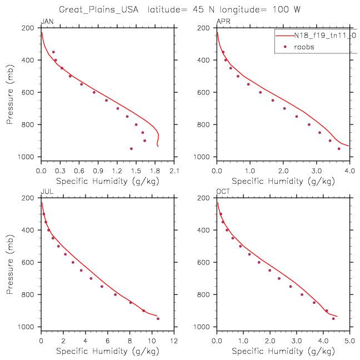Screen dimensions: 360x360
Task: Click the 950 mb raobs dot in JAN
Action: click(x=131, y=148)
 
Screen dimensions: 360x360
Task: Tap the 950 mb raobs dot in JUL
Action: click(x=158, y=319)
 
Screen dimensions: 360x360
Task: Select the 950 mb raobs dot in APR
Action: click(x=339, y=148)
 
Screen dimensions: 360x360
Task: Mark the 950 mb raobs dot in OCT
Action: click(x=333, y=318)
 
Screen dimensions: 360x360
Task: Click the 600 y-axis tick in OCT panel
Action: click(x=206, y=262)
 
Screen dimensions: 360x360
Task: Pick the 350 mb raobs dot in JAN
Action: click(x=53, y=52)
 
